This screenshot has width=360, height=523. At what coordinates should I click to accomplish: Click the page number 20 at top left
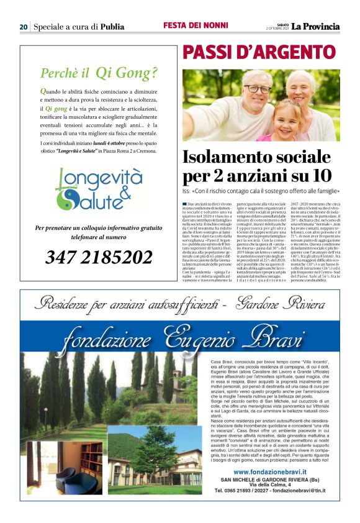24,27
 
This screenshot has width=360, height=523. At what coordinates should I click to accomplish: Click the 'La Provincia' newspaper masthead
317,27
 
